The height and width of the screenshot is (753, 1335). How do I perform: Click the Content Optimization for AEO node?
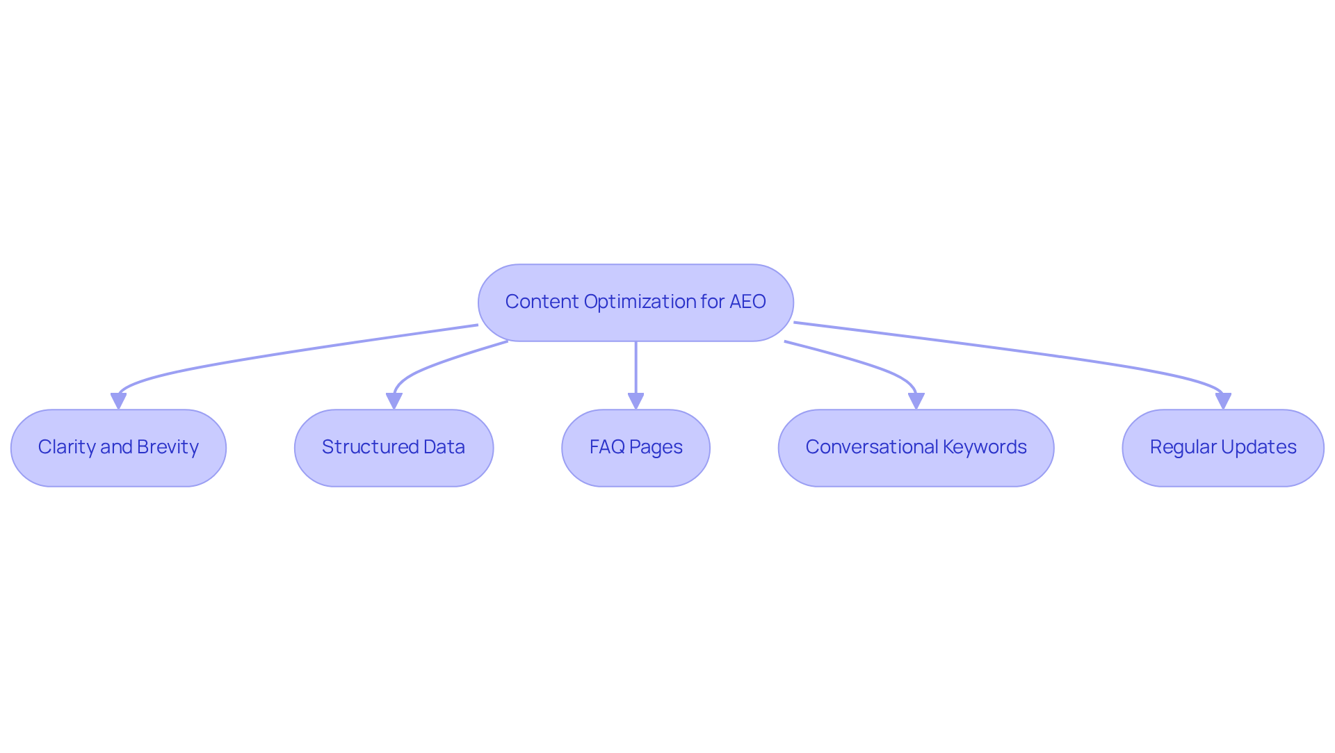coord(636,302)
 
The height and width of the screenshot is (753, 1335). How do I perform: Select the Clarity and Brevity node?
coord(118,448)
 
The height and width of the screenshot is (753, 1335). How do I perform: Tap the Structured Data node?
coord(394,448)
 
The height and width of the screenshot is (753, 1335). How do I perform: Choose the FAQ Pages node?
coord(636,448)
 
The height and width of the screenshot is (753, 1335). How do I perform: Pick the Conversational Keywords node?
coord(916,448)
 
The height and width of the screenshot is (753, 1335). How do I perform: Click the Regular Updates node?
coord(1223,448)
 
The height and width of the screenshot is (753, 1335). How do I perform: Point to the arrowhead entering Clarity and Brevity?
coord(118,401)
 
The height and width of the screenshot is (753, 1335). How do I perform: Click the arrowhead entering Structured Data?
coord(394,401)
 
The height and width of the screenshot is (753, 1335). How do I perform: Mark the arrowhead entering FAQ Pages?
coord(636,401)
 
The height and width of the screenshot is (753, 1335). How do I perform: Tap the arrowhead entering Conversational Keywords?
coord(916,401)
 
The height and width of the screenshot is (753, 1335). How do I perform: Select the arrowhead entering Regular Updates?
coord(1223,401)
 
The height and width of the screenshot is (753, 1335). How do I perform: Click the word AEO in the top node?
coord(747,302)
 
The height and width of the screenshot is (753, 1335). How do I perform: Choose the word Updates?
coord(1259,447)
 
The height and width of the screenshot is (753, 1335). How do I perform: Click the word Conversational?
coord(871,447)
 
